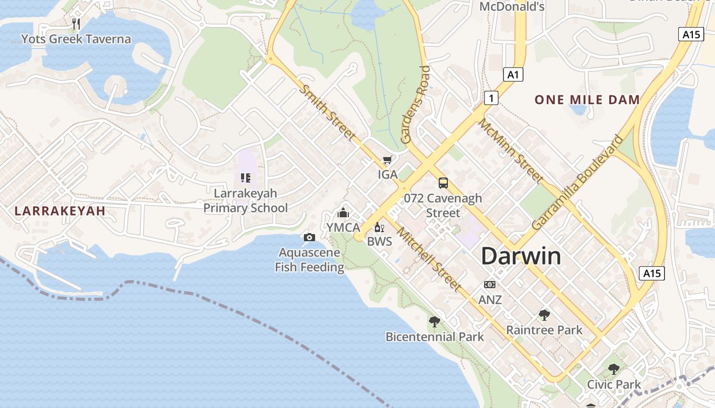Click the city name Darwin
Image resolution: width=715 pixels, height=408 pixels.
[x=521, y=256]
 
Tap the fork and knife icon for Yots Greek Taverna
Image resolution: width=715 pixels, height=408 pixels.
[x=76, y=23]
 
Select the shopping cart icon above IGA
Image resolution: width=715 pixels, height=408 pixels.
[x=388, y=160]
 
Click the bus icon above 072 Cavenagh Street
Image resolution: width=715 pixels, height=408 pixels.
[x=443, y=183]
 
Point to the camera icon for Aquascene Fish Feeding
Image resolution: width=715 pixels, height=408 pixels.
[x=309, y=237]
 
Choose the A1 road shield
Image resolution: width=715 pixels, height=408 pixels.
[x=513, y=75]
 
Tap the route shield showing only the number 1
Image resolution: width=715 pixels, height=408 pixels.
[x=491, y=97]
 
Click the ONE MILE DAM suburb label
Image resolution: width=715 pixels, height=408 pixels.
[x=587, y=99]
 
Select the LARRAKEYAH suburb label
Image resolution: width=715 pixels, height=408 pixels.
[x=60, y=211]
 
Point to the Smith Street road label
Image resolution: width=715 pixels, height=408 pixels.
[x=327, y=112]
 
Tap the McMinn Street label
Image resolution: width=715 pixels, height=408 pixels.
[x=510, y=150]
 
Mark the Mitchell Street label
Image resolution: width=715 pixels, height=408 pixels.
[x=429, y=259]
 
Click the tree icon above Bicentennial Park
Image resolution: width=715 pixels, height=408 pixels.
[x=434, y=321]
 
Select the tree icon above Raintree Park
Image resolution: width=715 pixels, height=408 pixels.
[x=544, y=315]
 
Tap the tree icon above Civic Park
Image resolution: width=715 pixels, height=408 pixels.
[x=613, y=369]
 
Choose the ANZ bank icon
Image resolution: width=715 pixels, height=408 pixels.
[x=490, y=285]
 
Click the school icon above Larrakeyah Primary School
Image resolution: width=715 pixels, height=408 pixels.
[x=246, y=178]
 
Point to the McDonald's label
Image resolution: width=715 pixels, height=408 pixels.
[x=512, y=7]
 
